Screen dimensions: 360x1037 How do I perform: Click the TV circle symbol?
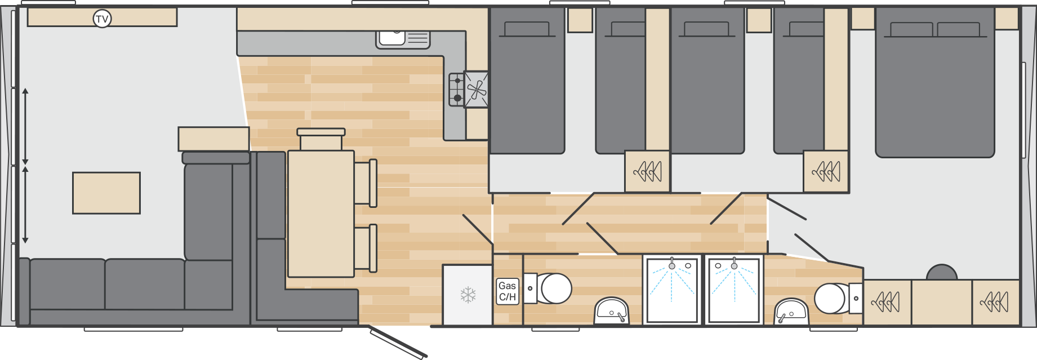[102, 19]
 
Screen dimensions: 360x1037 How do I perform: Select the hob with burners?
[456, 90]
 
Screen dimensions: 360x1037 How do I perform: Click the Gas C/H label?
[507, 291]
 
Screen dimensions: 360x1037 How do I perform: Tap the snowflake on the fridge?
[468, 295]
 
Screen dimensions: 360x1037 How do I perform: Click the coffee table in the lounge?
[106, 193]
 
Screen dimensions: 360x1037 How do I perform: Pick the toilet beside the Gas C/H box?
[552, 288]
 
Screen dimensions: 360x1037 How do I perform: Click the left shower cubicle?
[672, 289]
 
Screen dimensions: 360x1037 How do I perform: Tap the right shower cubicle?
[734, 289]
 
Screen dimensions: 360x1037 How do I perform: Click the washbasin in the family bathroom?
[611, 311]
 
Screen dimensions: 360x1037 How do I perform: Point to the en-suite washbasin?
[791, 312]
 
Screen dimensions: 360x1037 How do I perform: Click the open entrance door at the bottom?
[398, 343]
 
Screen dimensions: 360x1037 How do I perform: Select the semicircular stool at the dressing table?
[941, 273]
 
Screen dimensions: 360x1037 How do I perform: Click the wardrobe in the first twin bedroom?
[647, 171]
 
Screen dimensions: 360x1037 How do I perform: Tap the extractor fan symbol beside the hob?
[477, 89]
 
